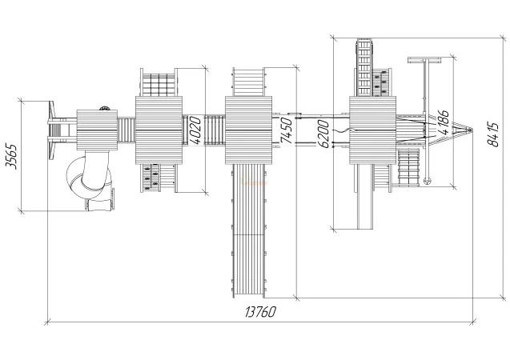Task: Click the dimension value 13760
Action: pyautogui.click(x=260, y=312)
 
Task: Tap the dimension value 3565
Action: pyautogui.click(x=12, y=156)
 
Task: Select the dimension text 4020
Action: pyautogui.click(x=195, y=130)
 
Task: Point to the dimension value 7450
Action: pyautogui.click(x=286, y=130)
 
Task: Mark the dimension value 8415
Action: pyautogui.click(x=493, y=134)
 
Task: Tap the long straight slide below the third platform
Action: pyautogui.click(x=249, y=230)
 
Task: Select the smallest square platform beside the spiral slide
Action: pyautogui.click(x=97, y=130)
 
